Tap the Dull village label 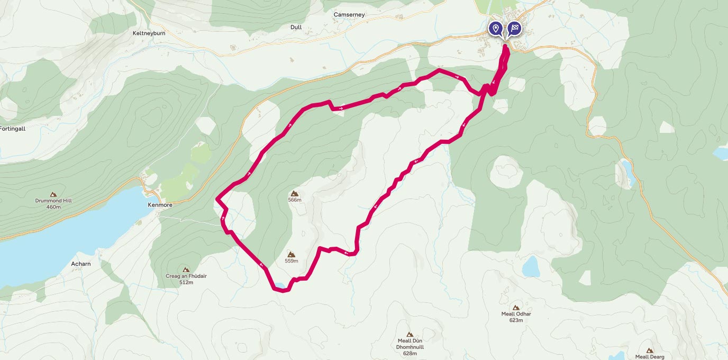point(296,27)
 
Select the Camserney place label point(349,15)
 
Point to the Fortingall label point(12,129)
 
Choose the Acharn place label point(81,264)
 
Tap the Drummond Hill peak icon point(53,194)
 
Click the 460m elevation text point(53,207)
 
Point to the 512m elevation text point(186,283)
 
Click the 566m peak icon point(295,193)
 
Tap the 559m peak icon point(291,254)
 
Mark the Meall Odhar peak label point(516,314)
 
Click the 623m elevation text point(516,320)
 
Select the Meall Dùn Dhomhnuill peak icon point(410,334)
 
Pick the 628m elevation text point(410,353)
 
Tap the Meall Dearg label point(649,357)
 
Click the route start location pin point(495,28)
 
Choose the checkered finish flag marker point(514,28)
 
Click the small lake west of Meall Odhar point(531,266)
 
